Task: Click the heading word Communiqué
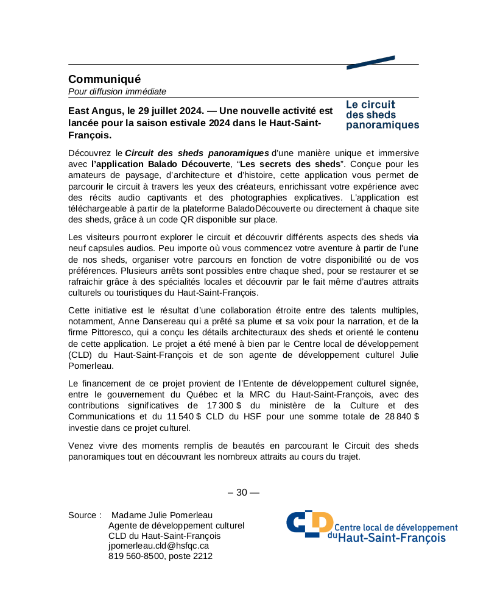(x=104, y=79)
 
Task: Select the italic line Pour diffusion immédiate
(x=117, y=91)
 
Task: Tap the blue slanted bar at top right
(x=370, y=62)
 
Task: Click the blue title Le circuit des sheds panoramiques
(x=382, y=115)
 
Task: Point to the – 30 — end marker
(x=243, y=493)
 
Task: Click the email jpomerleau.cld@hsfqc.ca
(x=158, y=546)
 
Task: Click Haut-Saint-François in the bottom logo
(x=392, y=538)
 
